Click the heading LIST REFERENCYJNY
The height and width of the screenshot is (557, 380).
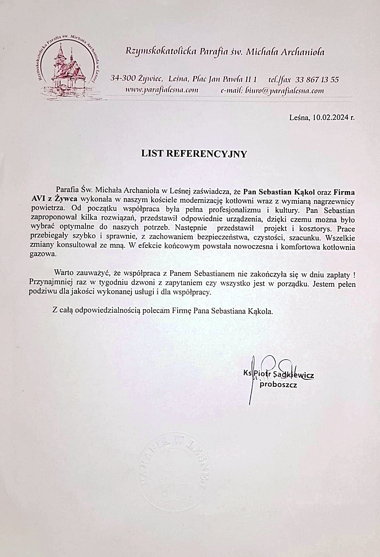pyautogui.click(x=194, y=154)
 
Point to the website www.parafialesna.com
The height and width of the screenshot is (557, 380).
pyautogui.click(x=161, y=91)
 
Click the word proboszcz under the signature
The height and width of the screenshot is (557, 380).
pyautogui.click(x=278, y=385)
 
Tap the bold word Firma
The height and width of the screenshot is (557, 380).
pyautogui.click(x=345, y=192)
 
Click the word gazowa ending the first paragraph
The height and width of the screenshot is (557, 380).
pyautogui.click(x=41, y=254)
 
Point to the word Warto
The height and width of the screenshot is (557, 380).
pyautogui.click(x=63, y=274)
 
